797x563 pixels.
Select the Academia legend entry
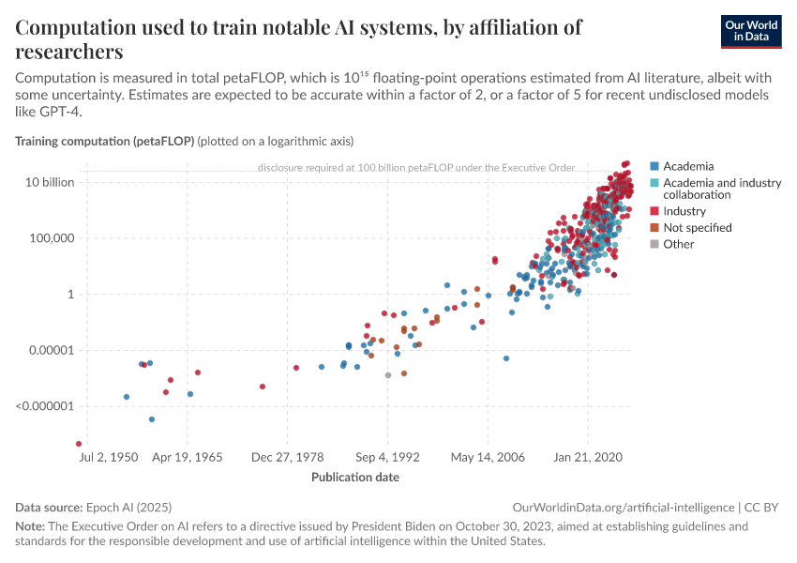[x=687, y=166]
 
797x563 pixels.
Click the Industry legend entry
[x=684, y=211]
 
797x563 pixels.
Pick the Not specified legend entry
[x=697, y=227]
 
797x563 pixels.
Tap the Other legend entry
[x=678, y=244]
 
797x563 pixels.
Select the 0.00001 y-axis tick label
[x=50, y=351]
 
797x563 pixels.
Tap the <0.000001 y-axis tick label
[x=44, y=407]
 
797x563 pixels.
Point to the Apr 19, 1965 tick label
[x=188, y=458]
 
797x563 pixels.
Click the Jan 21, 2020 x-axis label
[x=589, y=458]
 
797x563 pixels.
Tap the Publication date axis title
[x=355, y=477]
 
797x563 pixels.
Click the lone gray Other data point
[x=388, y=375]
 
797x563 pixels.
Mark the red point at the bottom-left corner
[x=79, y=444]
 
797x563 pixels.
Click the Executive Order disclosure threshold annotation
[x=415, y=168]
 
